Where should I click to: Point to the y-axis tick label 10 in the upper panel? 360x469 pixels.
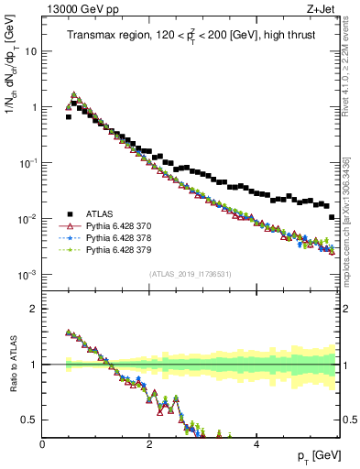(29, 51)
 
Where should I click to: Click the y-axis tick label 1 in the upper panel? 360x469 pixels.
(33, 107)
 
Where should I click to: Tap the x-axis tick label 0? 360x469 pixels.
(42, 444)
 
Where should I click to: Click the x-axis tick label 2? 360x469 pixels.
(149, 444)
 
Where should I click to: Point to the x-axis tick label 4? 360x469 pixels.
(256, 444)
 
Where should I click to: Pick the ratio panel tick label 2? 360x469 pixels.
(34, 308)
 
